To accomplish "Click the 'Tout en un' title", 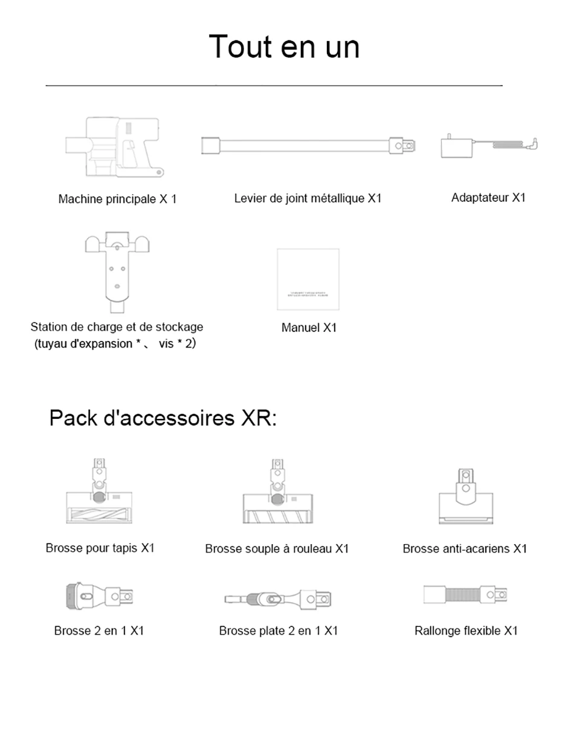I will coord(284,47).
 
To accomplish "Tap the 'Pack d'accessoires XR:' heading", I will coord(163,418).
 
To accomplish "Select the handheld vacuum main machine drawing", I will coord(115,147).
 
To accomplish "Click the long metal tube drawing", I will coord(308,146).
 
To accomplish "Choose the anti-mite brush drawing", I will coord(465,499).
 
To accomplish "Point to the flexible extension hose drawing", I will coord(465,596).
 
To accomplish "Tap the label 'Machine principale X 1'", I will coord(117,199).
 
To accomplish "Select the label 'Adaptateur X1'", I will coord(488,198).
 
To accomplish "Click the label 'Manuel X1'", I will coord(309,328).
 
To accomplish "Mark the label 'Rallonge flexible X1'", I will coord(466,631).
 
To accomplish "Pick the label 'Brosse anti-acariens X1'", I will coord(465,549).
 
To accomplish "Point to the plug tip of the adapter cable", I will coord(535,143).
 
